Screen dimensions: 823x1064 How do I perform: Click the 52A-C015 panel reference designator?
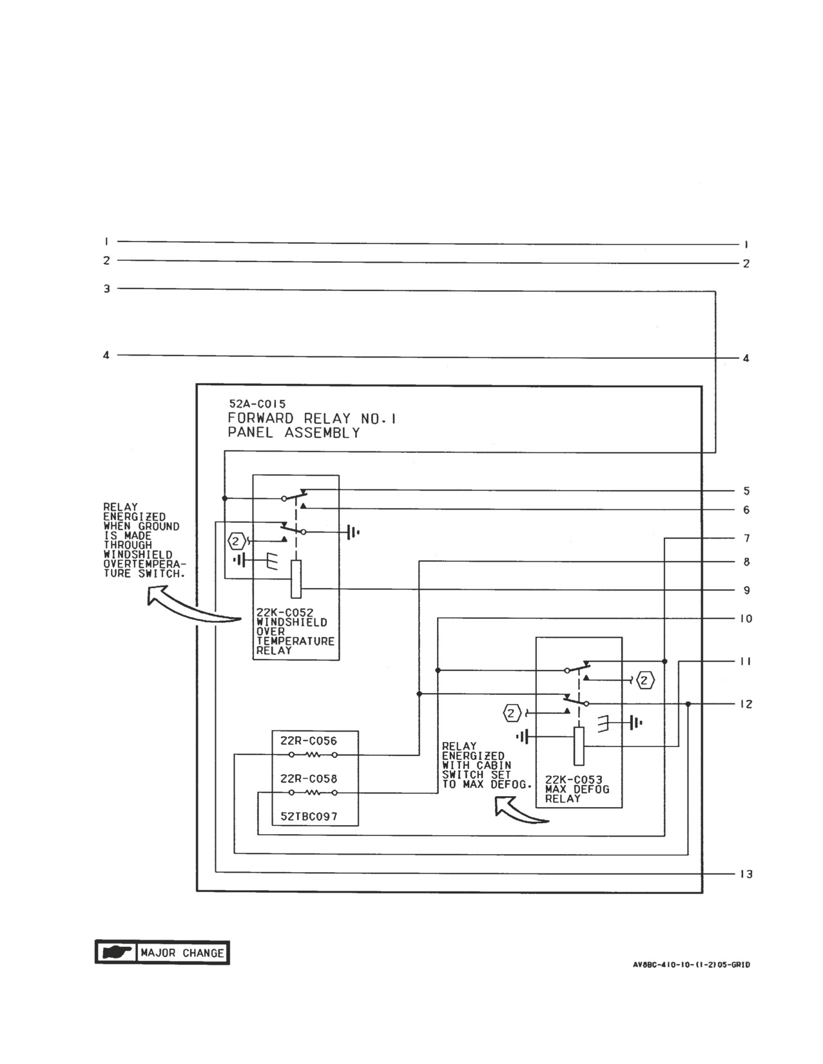pos(257,404)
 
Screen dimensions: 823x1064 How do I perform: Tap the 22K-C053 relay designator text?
pos(574,780)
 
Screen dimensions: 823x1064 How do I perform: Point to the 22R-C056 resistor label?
pos(309,741)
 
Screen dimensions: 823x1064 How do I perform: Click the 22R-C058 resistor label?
pos(309,779)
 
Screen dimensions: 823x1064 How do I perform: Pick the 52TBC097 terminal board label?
pos(309,816)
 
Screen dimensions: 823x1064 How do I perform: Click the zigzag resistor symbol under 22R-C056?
pos(313,755)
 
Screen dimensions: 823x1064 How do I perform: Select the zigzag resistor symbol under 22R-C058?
pos(313,793)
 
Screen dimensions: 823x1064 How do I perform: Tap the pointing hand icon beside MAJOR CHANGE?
pos(116,953)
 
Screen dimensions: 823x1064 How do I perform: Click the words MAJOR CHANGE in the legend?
pos(182,953)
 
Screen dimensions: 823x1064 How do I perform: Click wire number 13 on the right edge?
pos(746,874)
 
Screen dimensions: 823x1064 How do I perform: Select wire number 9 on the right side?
pos(746,591)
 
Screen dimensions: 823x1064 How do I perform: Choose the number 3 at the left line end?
pos(107,289)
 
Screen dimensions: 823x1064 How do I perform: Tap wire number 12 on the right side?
pos(746,704)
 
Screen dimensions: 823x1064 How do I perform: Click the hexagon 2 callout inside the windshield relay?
pos(236,542)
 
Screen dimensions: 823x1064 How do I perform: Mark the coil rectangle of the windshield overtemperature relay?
pos(296,579)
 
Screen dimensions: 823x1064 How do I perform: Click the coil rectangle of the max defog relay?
pos(579,746)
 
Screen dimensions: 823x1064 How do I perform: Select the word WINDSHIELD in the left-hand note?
pos(138,555)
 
